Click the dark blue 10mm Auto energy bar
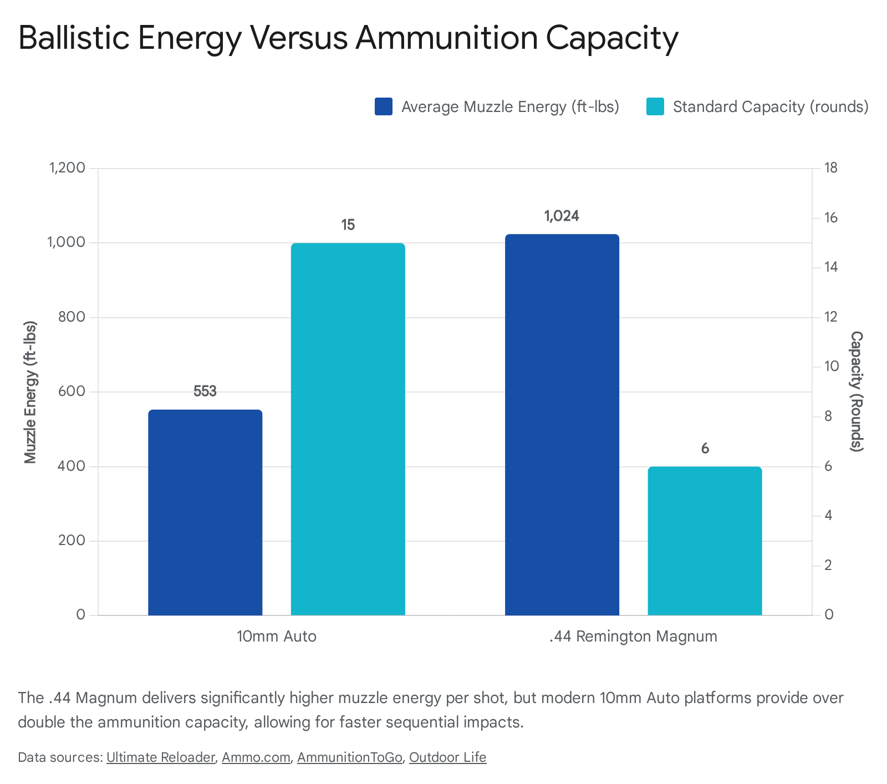click(x=205, y=512)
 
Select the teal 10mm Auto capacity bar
click(x=348, y=429)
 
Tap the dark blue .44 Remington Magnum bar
click(x=562, y=425)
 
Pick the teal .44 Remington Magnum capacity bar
click(x=705, y=541)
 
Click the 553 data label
click(x=205, y=391)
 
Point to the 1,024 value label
click(x=562, y=216)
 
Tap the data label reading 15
click(x=348, y=225)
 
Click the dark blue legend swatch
click(x=384, y=106)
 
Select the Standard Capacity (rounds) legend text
click(x=770, y=106)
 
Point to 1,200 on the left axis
click(x=67, y=168)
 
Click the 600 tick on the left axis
click(x=72, y=391)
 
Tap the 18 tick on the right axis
click(x=831, y=168)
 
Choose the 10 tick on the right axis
click(x=831, y=366)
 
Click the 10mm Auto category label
click(x=276, y=636)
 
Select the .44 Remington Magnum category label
click(x=633, y=636)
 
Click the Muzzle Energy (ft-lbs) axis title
click(x=30, y=391)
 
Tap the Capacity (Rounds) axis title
click(x=857, y=391)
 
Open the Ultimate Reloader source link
click(x=160, y=757)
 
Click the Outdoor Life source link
click(x=447, y=757)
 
